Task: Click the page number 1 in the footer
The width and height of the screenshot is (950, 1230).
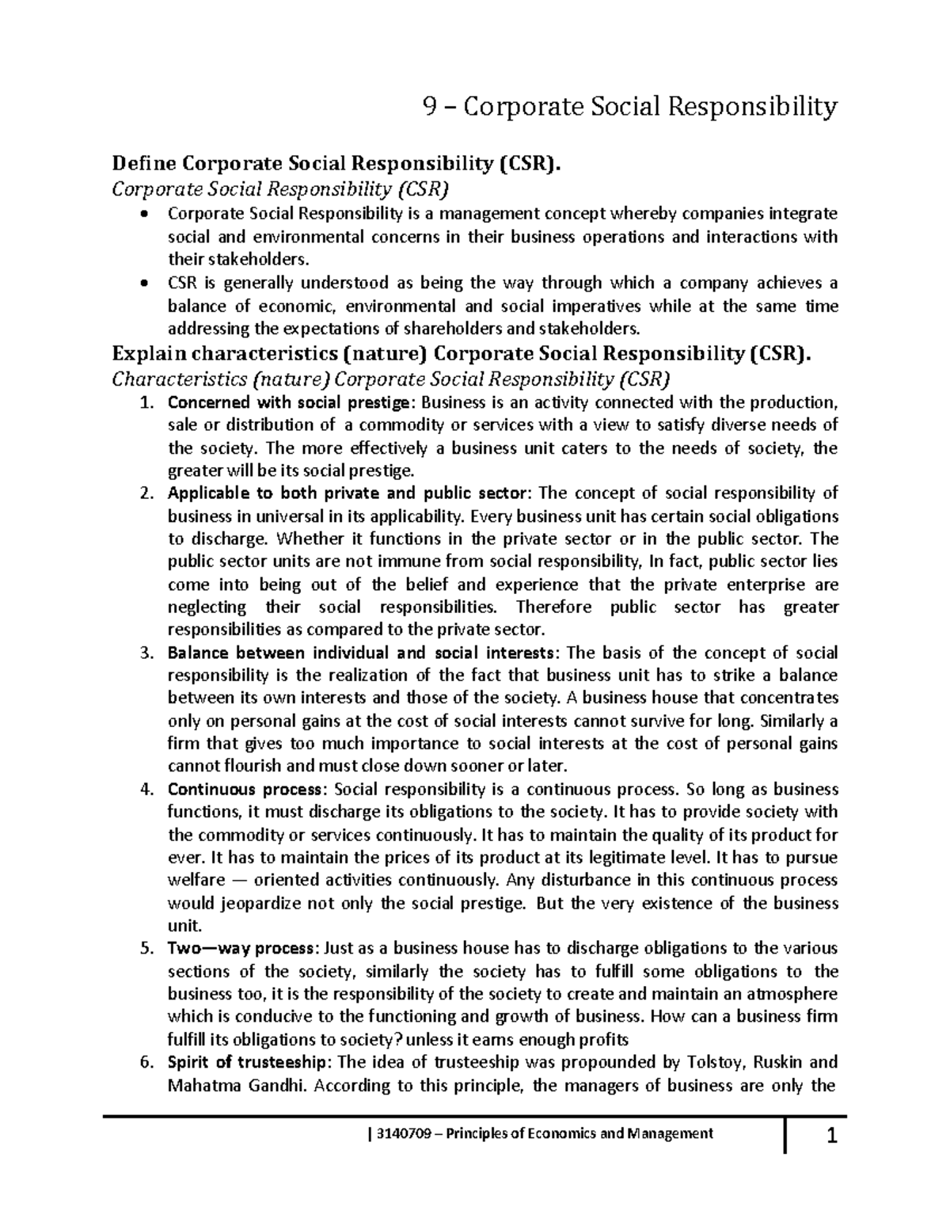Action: pos(831,1138)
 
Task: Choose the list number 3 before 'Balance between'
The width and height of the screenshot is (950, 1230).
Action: pos(144,653)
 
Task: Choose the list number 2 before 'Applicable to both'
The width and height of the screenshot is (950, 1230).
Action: pos(144,493)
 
